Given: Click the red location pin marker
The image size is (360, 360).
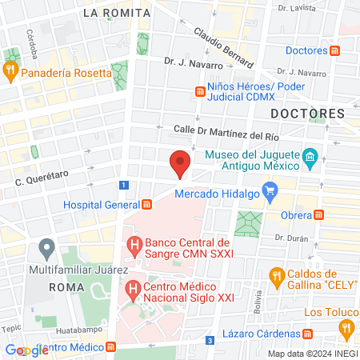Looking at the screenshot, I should click(x=181, y=162).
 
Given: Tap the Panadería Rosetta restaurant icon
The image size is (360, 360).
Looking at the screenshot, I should click(x=11, y=70).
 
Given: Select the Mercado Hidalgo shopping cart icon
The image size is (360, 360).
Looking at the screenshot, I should click(x=270, y=192).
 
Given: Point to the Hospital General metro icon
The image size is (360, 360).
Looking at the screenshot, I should click(x=146, y=204).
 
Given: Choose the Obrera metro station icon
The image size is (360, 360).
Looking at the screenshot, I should click(x=318, y=214).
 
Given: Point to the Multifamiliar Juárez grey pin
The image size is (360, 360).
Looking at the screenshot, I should click(x=47, y=247).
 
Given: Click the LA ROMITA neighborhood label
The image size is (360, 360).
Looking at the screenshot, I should click(x=116, y=13).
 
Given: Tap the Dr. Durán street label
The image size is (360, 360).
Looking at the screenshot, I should click(x=290, y=238).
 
